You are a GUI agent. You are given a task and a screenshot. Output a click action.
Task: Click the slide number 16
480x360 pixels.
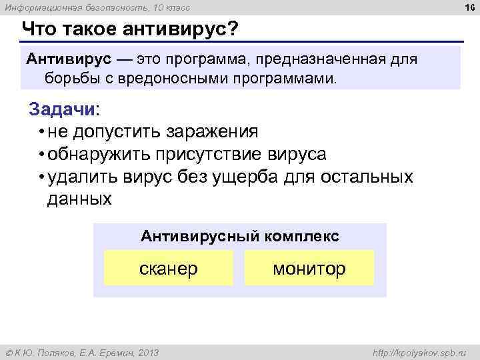[469, 7]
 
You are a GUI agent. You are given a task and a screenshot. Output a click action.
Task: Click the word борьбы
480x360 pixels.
[74, 79]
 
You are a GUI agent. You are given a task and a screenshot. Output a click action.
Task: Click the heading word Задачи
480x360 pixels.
[62, 109]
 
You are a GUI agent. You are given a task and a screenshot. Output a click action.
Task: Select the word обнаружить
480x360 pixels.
[99, 154]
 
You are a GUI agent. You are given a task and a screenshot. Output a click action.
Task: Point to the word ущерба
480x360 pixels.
[250, 177]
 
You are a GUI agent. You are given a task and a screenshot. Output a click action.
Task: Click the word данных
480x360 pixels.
[79, 199]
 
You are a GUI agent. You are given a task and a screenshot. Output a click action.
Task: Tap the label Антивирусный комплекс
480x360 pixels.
[240, 236]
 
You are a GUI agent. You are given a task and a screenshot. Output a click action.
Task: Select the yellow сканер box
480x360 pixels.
[169, 268]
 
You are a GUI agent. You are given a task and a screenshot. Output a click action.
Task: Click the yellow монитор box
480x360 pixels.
[309, 268]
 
